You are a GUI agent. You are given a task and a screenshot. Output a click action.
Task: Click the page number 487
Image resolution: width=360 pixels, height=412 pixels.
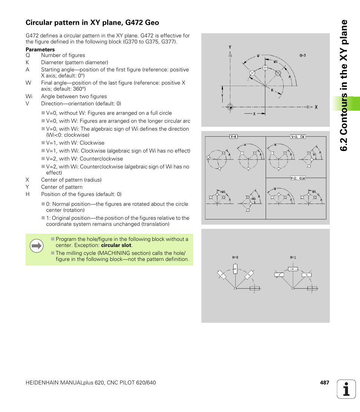(x=324, y=383)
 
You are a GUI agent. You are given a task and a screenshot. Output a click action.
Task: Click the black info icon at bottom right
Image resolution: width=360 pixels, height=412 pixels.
(x=346, y=389)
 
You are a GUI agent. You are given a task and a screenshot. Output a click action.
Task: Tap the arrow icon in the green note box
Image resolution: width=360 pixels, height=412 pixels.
(x=37, y=246)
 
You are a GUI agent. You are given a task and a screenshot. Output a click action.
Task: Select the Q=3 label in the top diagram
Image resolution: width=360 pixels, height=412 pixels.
(x=303, y=56)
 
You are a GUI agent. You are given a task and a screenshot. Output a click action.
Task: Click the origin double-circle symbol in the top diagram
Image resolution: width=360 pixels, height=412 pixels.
(x=231, y=107)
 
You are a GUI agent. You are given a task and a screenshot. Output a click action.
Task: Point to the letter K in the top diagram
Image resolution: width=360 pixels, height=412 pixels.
(x=272, y=90)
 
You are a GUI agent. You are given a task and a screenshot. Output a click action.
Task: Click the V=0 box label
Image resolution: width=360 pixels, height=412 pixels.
(x=234, y=137)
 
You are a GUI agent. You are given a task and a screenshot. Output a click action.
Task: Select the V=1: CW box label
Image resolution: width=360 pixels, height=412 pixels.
(x=298, y=137)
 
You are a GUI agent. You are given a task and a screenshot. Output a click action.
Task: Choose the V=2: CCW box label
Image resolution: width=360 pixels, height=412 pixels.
(x=298, y=178)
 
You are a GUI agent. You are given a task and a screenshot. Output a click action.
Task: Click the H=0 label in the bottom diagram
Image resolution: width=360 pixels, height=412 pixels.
(x=235, y=258)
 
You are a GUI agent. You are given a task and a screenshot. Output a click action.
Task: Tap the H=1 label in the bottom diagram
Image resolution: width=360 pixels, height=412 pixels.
(x=293, y=258)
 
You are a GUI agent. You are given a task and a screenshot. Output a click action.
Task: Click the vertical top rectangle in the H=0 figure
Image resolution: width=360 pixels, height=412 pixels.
(x=235, y=269)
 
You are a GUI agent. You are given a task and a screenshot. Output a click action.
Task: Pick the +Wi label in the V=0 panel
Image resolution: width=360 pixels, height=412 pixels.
(x=222, y=191)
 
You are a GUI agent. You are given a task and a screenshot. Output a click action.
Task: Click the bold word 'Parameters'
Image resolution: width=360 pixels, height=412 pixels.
(x=40, y=49)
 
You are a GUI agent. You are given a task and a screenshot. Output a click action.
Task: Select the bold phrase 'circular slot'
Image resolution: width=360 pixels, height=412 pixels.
(x=116, y=245)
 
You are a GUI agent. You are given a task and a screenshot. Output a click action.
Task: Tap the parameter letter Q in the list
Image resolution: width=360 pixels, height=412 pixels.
(x=28, y=55)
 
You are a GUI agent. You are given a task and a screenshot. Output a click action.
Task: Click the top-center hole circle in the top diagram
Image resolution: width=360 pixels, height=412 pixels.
(x=265, y=68)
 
